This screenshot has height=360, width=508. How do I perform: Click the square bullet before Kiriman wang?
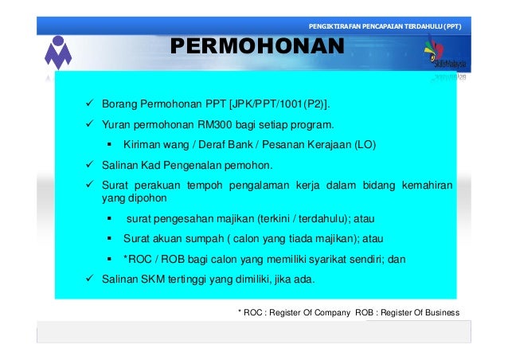click(107, 146)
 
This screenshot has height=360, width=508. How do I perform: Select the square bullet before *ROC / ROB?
click(107, 259)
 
